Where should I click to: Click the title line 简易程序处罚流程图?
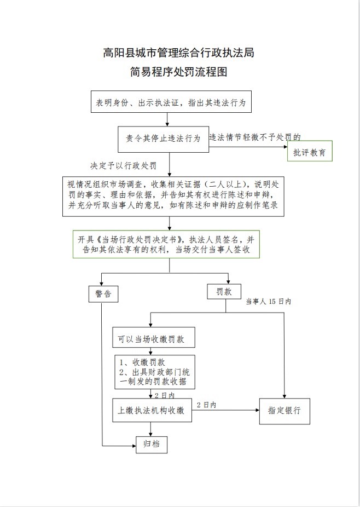pos(178,71)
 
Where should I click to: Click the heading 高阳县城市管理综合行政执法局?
pos(178,53)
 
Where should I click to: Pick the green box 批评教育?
pos(310,153)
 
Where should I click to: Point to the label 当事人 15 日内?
pos(268,302)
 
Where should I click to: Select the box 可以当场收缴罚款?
pos(154,339)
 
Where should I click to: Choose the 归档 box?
pos(151,445)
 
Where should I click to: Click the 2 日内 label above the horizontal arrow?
pos(206,405)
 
